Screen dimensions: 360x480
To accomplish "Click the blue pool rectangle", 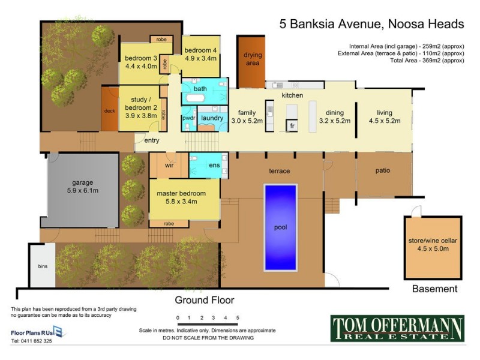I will pos(280,227).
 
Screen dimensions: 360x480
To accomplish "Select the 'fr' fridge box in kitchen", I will pos(292,126).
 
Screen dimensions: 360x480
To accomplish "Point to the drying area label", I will pos(252,59).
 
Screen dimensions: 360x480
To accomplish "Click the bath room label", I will pos(200,89).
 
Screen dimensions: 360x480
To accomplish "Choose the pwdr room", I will pos(188,118).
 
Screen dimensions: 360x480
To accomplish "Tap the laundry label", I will pos(212,118).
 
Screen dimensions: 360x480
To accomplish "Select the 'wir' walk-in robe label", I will pos(169,165).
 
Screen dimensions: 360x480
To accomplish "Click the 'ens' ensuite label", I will pos(214,165).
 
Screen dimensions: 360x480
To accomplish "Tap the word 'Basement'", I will pos(434,289).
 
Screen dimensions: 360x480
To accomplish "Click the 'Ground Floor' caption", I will pos(204,300).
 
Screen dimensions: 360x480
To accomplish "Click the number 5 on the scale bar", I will pos(238,318).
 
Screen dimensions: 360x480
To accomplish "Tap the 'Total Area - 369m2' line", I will pos(426,61).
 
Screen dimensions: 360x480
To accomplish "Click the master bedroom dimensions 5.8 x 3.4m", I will pos(181,202).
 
